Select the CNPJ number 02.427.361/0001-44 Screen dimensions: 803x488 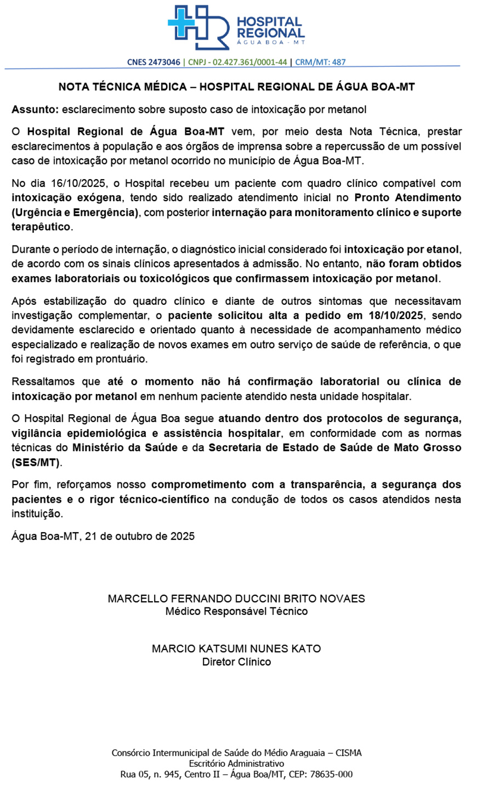pyautogui.click(x=249, y=62)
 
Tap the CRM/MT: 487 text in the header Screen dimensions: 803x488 pyautogui.click(x=320, y=62)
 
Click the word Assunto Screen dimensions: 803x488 pyautogui.click(x=35, y=109)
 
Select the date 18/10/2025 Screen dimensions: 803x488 pyautogui.click(x=396, y=316)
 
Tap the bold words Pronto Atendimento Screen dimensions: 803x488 pyautogui.click(x=407, y=197)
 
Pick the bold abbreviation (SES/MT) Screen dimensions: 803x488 pyautogui.click(x=36, y=462)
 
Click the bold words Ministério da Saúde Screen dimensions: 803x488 pyautogui.click(x=124, y=448)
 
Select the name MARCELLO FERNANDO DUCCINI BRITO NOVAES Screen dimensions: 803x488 pyautogui.click(x=236, y=599)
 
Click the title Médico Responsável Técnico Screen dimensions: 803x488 pyautogui.click(x=236, y=611)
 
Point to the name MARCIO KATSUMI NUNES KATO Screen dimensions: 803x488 pyautogui.click(x=236, y=648)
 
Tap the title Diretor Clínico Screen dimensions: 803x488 pyautogui.click(x=236, y=662)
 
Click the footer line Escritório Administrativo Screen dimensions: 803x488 pyautogui.click(x=236, y=764)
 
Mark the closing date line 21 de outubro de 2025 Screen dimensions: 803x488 pyautogui.click(x=140, y=536)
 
